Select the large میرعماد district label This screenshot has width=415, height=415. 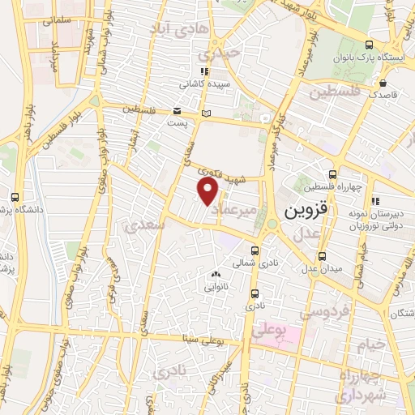click(239, 209)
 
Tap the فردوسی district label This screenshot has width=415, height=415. click(323, 311)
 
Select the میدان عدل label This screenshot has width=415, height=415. click(323, 267)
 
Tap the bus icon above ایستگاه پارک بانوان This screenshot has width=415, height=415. click(370, 45)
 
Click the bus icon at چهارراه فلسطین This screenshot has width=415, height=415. click(332, 173)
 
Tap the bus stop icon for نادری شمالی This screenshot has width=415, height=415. click(255, 250)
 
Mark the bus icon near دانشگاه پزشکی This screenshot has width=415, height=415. click(15, 197)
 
